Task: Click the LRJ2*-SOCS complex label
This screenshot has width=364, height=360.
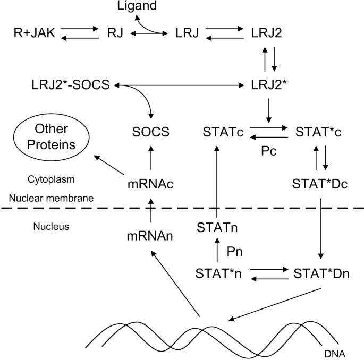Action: point(71,85)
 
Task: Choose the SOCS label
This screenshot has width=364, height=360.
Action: point(151,132)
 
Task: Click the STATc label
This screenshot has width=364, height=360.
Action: point(223,132)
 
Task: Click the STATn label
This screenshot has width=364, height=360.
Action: point(216,228)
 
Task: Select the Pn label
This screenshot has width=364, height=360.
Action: point(234,250)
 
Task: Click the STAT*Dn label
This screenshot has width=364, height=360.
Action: point(321,273)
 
